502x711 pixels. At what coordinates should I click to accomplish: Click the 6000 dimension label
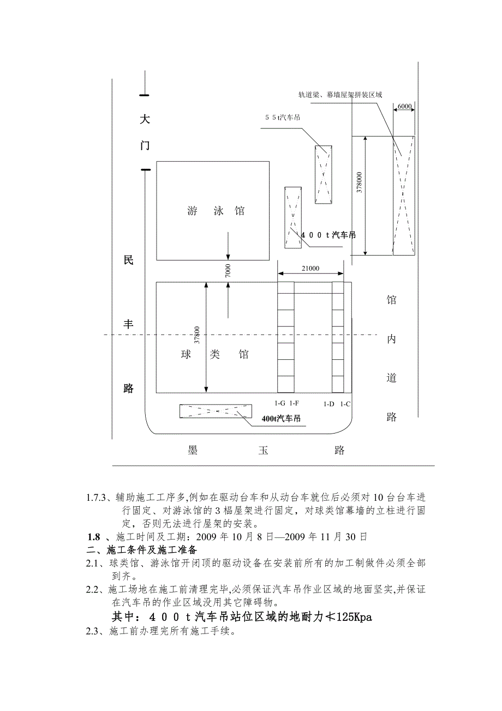click(404, 105)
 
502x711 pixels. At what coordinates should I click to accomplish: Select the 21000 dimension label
click(310, 268)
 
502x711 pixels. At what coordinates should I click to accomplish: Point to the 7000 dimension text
click(228, 270)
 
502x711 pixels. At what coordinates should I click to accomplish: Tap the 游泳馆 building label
click(216, 211)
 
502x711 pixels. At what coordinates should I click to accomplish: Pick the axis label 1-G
click(279, 404)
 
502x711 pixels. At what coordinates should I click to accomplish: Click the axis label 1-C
click(345, 404)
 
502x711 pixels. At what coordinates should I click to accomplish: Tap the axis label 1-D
click(329, 404)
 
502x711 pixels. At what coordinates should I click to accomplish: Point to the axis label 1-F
click(294, 404)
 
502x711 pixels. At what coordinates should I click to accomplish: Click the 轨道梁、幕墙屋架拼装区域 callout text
click(339, 95)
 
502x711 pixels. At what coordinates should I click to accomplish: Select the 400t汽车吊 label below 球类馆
click(281, 419)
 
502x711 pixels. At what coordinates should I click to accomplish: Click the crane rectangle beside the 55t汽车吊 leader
click(323, 175)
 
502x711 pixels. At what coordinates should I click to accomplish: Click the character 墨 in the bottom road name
click(193, 451)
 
